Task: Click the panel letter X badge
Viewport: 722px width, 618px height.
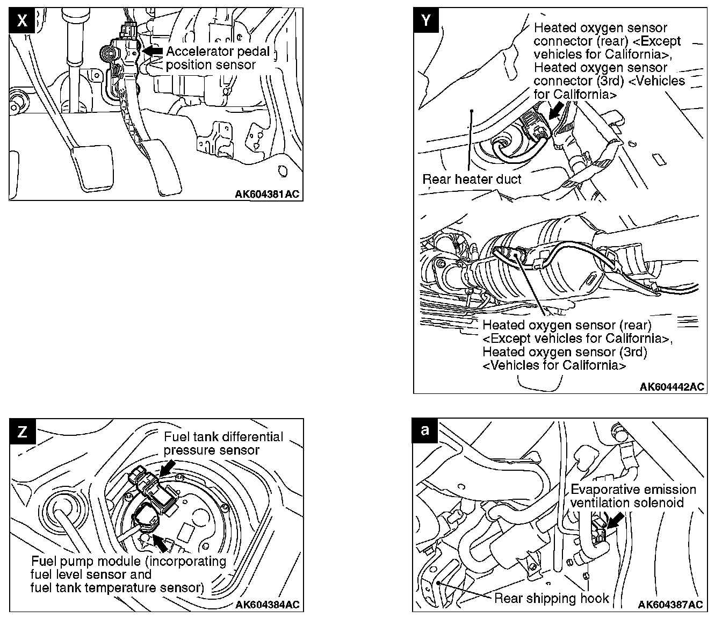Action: [x=22, y=21]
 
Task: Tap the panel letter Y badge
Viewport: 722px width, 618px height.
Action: [x=427, y=20]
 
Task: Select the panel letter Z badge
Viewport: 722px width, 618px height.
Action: [x=23, y=432]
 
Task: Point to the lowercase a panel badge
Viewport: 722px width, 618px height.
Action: [x=425, y=430]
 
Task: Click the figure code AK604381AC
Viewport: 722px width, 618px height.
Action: [x=267, y=194]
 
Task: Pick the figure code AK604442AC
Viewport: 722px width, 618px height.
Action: [x=672, y=387]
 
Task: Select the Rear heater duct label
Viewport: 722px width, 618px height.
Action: [x=472, y=179]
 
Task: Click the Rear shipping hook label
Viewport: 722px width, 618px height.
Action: [x=551, y=598]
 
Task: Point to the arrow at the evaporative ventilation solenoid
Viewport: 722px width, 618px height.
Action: [x=616, y=520]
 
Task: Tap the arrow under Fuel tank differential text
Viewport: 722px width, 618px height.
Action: [x=167, y=466]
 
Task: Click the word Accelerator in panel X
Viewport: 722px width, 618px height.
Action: [x=198, y=52]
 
